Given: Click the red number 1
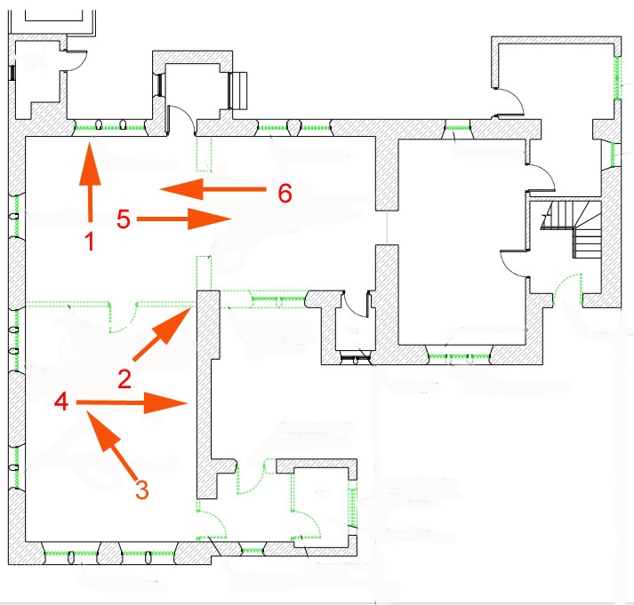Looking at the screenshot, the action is click(x=89, y=241).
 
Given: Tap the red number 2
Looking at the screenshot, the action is click(x=124, y=379).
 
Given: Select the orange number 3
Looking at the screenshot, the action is click(x=142, y=490).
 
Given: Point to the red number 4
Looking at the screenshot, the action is click(x=61, y=402).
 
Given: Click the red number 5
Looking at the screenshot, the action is click(x=124, y=219).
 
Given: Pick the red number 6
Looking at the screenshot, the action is click(x=285, y=193).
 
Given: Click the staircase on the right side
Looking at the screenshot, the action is click(x=571, y=229).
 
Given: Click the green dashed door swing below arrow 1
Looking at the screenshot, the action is click(x=123, y=317).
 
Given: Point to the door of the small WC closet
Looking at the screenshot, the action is click(x=355, y=304).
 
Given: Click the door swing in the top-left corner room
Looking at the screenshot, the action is click(x=76, y=60).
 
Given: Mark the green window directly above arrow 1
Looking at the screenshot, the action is click(x=110, y=128).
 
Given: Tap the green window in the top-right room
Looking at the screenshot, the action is click(x=616, y=78).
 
